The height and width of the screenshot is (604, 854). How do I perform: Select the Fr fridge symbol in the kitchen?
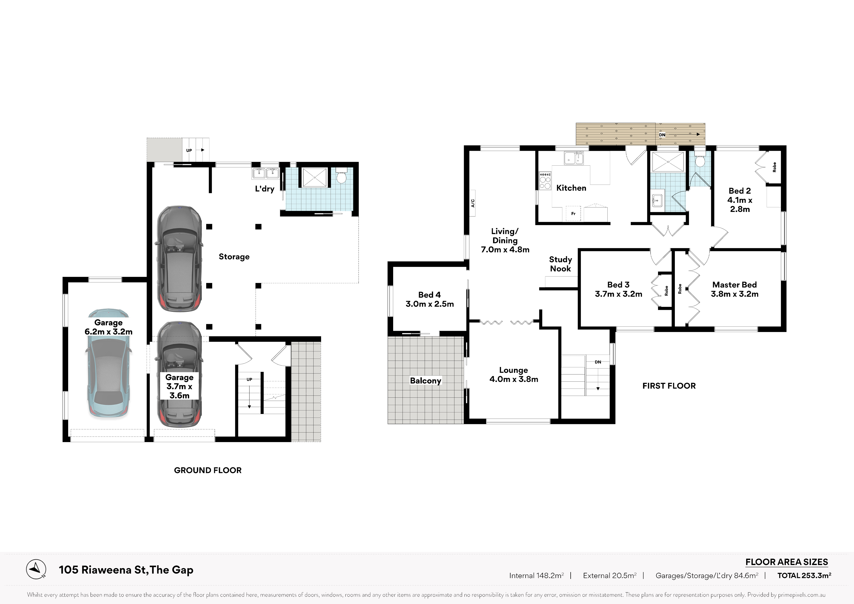(573, 213)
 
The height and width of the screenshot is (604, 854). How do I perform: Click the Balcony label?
(426, 381)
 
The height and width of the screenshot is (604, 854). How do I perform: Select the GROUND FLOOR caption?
(208, 470)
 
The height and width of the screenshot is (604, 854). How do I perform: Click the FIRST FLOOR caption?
(669, 386)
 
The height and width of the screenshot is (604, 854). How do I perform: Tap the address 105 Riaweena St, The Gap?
(126, 570)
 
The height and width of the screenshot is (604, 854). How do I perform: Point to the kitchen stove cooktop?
(545, 180)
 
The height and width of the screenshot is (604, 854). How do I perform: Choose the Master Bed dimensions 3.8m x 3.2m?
(735, 294)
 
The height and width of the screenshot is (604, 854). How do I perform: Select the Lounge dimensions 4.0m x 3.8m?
(514, 379)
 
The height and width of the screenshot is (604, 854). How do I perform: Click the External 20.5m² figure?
(610, 576)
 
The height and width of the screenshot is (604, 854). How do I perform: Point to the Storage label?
(234, 257)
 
